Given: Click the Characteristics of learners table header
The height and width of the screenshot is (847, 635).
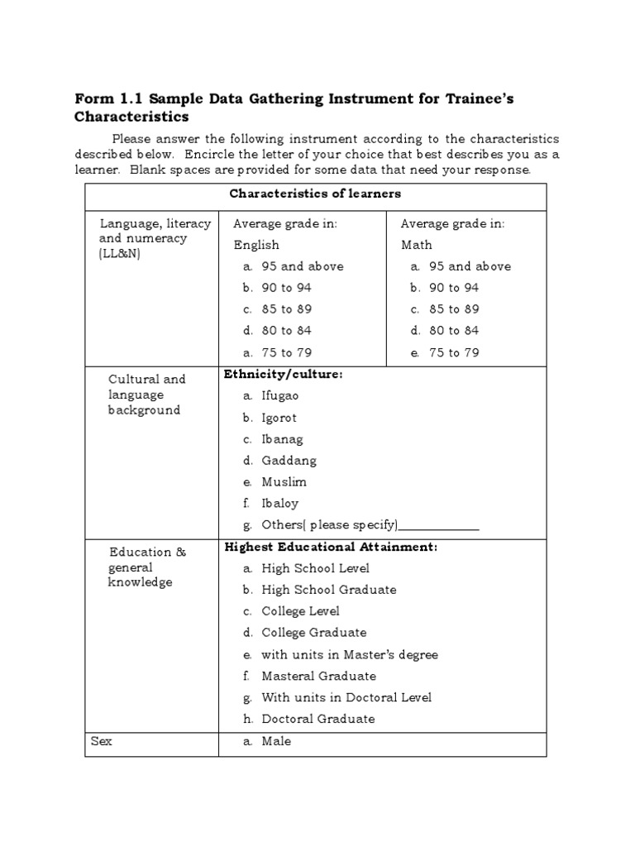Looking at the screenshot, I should (x=315, y=194).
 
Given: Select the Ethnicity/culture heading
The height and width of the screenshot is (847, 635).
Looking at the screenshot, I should (x=283, y=375).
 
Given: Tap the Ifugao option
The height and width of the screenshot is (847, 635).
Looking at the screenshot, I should (x=280, y=396).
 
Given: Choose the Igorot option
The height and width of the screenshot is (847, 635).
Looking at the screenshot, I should (x=279, y=418).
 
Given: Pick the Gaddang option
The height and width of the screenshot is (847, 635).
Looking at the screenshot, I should (x=289, y=461).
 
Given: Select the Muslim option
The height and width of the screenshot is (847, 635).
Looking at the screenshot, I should (x=284, y=482).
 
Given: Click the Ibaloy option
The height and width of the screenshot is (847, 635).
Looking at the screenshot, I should (x=280, y=504).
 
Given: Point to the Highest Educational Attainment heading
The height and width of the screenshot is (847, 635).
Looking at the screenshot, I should (x=331, y=547).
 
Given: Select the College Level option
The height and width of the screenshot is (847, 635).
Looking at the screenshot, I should (x=300, y=611).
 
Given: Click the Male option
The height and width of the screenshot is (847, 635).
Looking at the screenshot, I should (x=276, y=741).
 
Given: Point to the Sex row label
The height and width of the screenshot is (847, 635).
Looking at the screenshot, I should (x=102, y=741).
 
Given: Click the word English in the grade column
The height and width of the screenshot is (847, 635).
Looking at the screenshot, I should (x=256, y=245).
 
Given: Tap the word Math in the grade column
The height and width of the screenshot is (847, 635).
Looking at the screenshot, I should (x=417, y=245).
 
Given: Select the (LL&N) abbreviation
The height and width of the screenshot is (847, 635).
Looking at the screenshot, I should (x=120, y=253).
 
